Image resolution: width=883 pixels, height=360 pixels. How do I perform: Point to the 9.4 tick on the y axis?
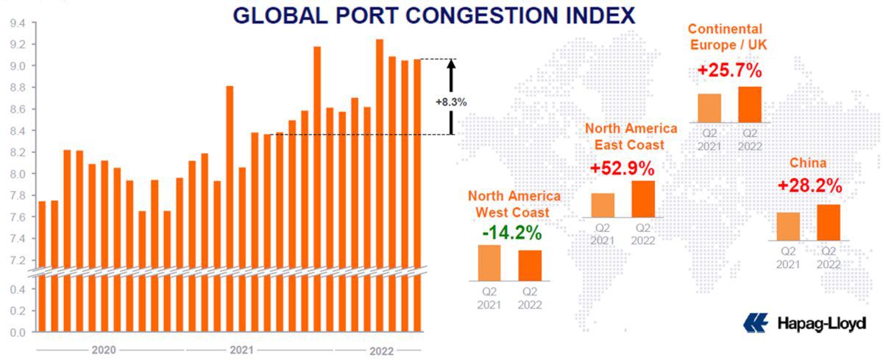tap(18, 23)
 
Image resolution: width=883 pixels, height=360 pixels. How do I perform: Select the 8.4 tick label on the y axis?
tap(18, 131)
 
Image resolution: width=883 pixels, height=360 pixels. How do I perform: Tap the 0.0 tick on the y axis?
tap(18, 332)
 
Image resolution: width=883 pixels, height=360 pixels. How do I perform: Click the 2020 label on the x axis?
tap(104, 350)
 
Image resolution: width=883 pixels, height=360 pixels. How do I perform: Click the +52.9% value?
tap(623, 169)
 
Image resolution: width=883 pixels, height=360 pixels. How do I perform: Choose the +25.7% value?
tap(730, 72)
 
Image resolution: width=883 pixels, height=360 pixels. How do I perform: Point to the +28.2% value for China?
tap(809, 186)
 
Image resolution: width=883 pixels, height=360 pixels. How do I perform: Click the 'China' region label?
tap(808, 163)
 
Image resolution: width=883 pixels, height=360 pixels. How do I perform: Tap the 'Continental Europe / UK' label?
tap(725, 37)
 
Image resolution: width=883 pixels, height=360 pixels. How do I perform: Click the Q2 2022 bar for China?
tap(829, 222)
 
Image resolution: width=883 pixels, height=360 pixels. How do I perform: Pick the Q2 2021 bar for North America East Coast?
tap(603, 205)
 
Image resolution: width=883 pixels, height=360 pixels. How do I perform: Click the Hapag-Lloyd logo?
tap(805, 322)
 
